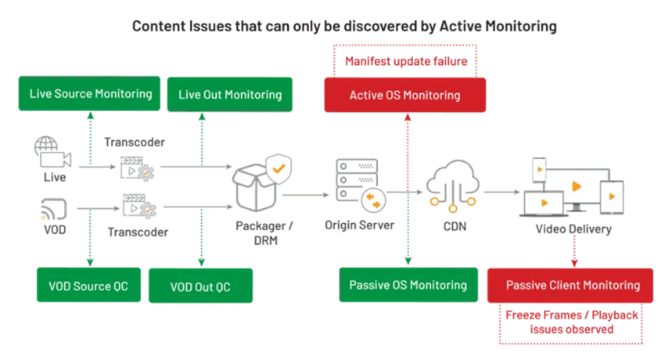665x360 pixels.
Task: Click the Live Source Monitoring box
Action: coord(91,94)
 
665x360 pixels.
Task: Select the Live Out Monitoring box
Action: coord(230,95)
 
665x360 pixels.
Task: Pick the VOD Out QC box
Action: coord(200,286)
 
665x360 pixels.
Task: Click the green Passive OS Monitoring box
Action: coord(408,285)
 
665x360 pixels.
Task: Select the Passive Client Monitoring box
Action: coord(572,285)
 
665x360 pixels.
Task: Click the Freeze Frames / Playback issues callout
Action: coord(572,323)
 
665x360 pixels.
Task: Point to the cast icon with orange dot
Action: coord(52,208)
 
